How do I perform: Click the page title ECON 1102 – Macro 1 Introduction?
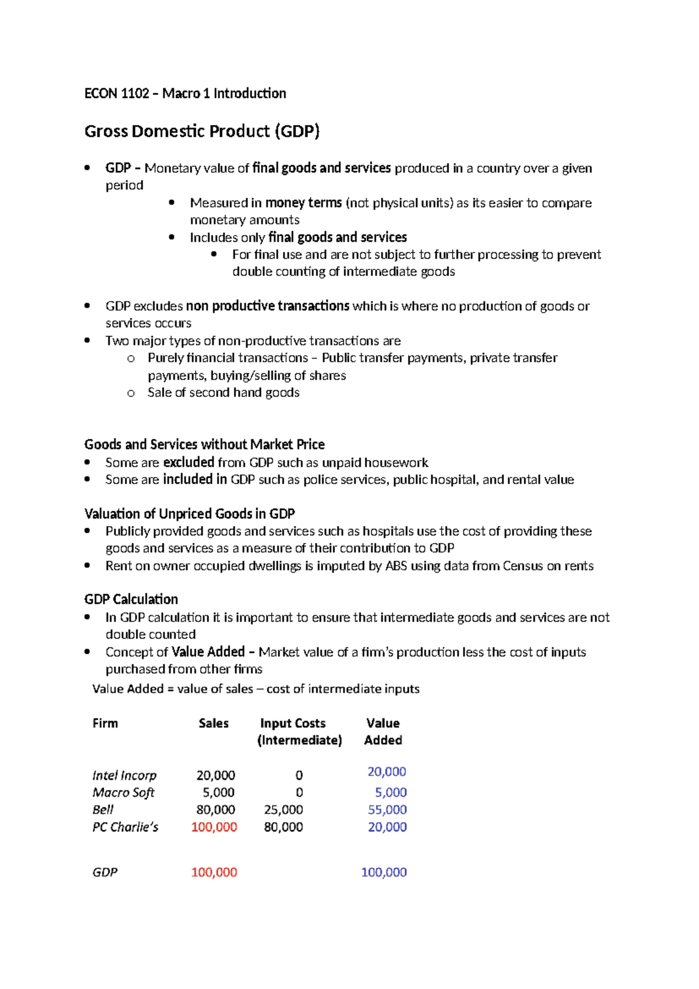click(x=185, y=93)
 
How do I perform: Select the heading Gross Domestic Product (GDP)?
click(x=202, y=131)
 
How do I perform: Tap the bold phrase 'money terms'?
click(x=303, y=203)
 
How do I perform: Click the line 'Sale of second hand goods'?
click(x=223, y=392)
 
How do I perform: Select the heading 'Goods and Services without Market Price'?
click(x=204, y=444)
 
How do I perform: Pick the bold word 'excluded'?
click(x=189, y=462)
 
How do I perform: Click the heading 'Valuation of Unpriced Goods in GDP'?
click(x=189, y=514)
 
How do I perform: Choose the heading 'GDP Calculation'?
click(x=131, y=599)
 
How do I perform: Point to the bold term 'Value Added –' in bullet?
click(x=213, y=652)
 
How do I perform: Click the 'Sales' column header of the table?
click(x=213, y=723)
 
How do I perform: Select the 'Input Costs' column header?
click(x=292, y=723)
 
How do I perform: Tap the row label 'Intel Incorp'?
click(x=124, y=776)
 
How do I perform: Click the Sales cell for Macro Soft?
click(x=218, y=792)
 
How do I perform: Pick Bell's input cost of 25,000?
click(x=283, y=809)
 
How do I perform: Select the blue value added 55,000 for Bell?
click(x=387, y=809)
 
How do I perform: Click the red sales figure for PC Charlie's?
click(x=214, y=827)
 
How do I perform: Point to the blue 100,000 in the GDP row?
click(x=384, y=872)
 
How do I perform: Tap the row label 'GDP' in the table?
click(x=105, y=872)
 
